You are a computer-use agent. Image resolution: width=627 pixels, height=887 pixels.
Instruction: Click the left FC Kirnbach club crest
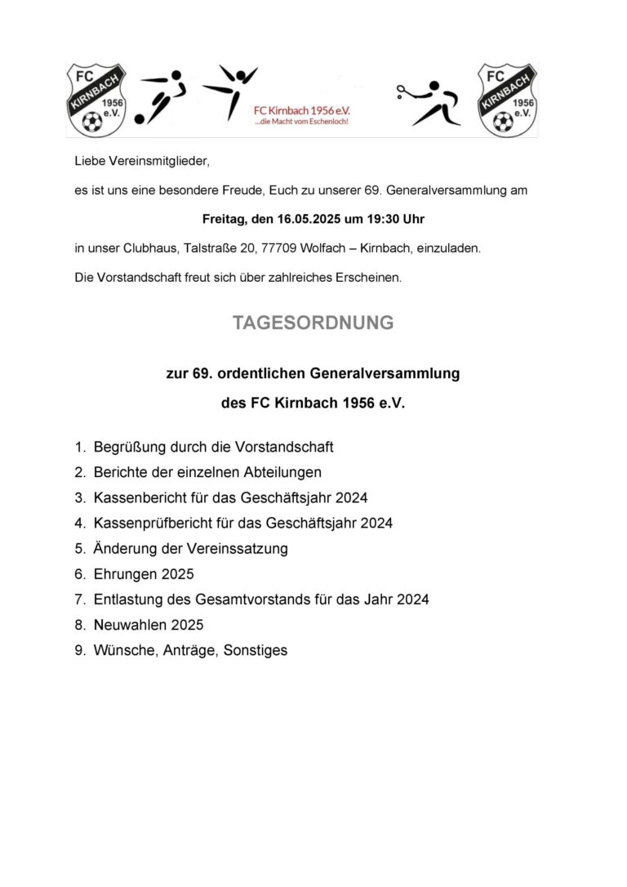[95, 100]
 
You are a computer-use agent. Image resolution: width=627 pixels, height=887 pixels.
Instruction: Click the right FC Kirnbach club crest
[507, 100]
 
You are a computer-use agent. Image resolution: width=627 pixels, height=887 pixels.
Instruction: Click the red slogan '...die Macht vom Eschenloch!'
[301, 121]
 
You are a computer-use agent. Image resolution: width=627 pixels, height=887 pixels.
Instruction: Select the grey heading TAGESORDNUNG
[313, 323]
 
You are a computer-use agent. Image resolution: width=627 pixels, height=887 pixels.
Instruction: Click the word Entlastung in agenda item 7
[130, 600]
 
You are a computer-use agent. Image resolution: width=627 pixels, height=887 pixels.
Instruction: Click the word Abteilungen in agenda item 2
[275, 472]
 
